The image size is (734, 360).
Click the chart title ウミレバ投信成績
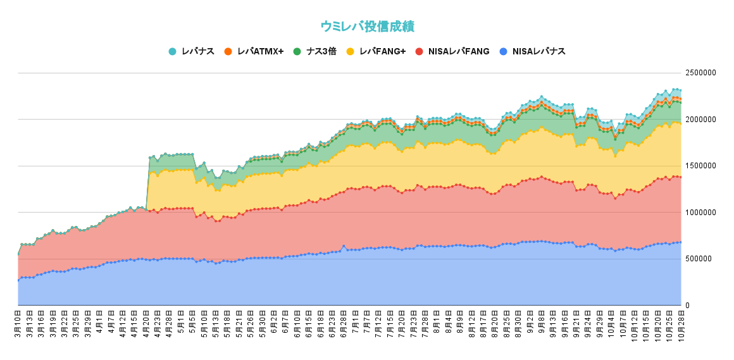(367, 27)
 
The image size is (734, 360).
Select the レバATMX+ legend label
(260, 51)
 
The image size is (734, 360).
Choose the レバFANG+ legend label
(382, 51)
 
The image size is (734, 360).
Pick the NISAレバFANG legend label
(459, 51)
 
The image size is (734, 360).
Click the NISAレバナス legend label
(538, 51)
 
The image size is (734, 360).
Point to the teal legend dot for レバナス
(172, 51)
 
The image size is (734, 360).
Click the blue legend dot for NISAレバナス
(503, 51)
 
